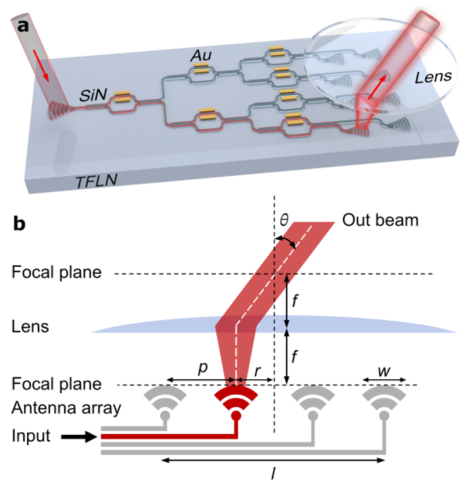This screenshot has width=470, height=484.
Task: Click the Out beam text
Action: pyautogui.click(x=380, y=221)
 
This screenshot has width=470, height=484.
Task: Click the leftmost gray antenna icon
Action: pyautogui.click(x=165, y=401)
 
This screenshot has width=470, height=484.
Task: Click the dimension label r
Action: pyautogui.click(x=257, y=371)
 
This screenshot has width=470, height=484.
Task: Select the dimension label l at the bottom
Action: pyautogui.click(x=273, y=474)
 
